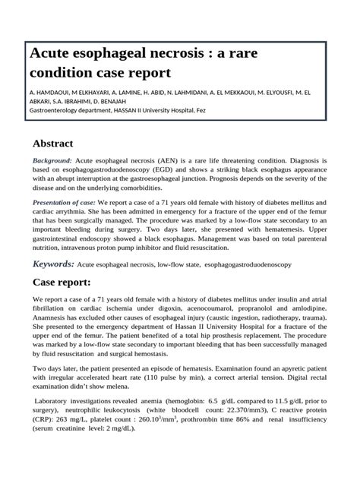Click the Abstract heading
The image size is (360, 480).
pyautogui.click(x=62, y=144)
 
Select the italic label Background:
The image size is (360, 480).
pyautogui.click(x=52, y=161)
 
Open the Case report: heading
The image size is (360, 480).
pyautogui.click(x=61, y=283)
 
